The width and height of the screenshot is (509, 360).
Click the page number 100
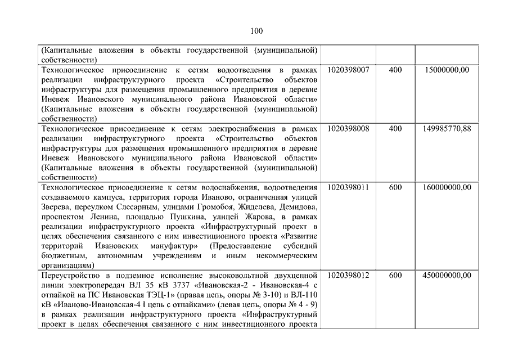click(254, 30)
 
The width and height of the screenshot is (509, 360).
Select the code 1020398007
click(348, 69)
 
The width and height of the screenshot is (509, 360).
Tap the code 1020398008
click(348, 128)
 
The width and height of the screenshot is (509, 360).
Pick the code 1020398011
click(348, 187)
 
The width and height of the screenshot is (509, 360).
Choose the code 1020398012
click(348, 276)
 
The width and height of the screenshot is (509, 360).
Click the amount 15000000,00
click(447, 69)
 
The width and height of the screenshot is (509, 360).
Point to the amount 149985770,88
click(447, 128)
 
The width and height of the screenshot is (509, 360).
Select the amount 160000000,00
click(447, 187)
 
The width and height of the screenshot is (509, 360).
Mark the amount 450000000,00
click(447, 276)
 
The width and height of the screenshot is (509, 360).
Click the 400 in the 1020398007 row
click(395, 69)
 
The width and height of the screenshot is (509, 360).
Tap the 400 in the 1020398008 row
click(395, 128)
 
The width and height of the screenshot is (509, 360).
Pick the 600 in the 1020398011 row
click(395, 187)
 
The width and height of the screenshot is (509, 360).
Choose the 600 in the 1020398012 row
click(395, 276)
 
